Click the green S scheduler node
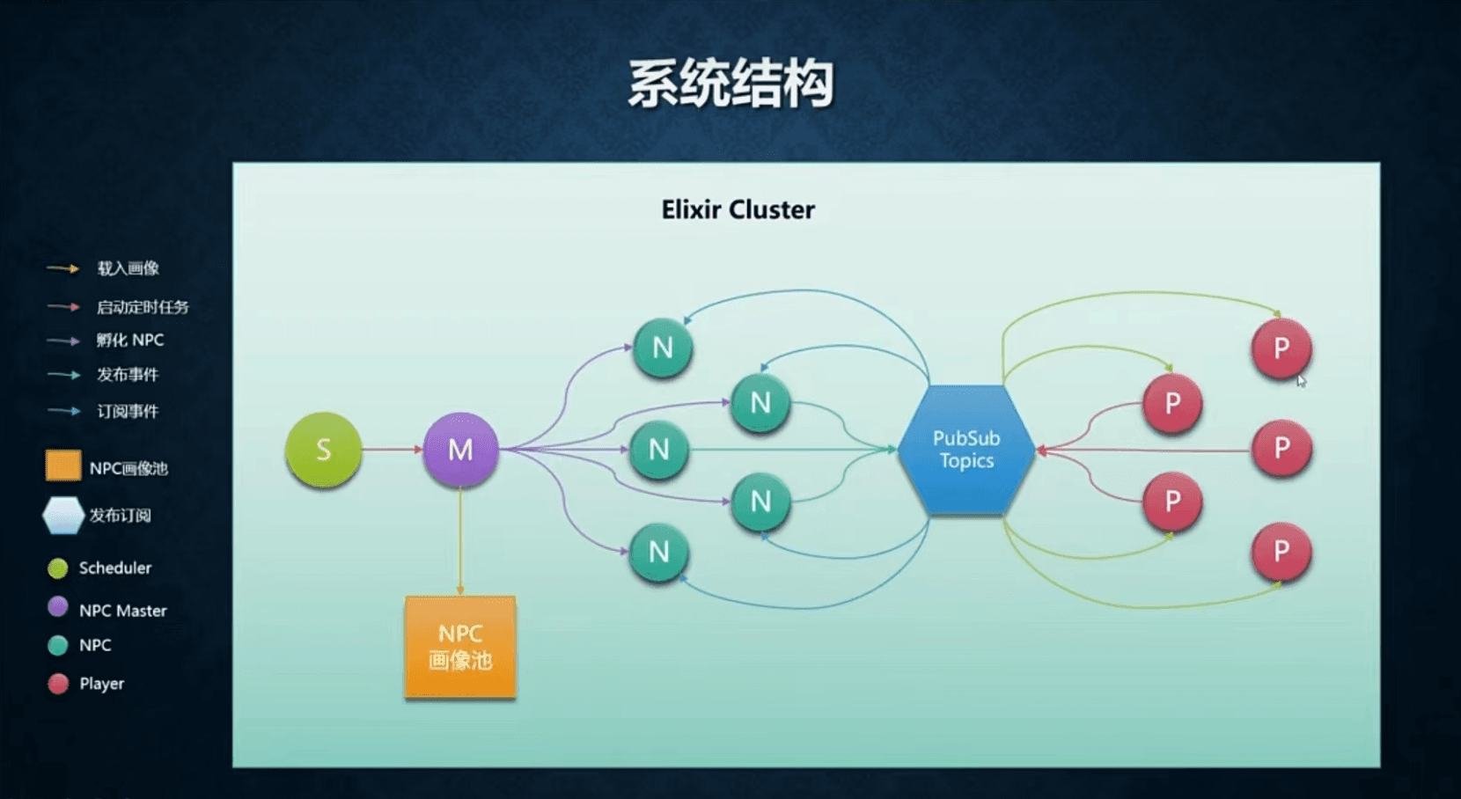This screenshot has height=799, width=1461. [x=324, y=450]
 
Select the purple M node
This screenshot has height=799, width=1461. [x=460, y=450]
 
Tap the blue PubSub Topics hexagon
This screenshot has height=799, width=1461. [x=966, y=450]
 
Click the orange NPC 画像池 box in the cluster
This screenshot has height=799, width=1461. [x=460, y=647]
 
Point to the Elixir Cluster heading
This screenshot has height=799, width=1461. [x=738, y=209]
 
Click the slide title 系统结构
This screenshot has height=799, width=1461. [x=730, y=84]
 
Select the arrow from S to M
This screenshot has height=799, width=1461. [x=393, y=450]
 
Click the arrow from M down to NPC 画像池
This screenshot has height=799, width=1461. [x=460, y=541]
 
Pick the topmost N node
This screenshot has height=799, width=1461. [x=663, y=348]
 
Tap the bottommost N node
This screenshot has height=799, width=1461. [x=658, y=553]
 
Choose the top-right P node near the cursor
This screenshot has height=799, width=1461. [x=1281, y=348]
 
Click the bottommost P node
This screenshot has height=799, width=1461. [x=1281, y=552]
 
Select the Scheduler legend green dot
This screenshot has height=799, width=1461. [x=58, y=568]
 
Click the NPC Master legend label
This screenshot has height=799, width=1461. [x=122, y=611]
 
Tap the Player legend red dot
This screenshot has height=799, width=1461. [x=58, y=684]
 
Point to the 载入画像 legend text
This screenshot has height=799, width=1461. [x=128, y=268]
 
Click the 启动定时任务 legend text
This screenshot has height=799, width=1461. [x=143, y=306]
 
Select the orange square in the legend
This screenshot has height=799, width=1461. [x=63, y=465]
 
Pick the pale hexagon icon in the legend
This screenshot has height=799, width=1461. [x=63, y=516]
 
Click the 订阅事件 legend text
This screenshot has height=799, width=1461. [x=128, y=411]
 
